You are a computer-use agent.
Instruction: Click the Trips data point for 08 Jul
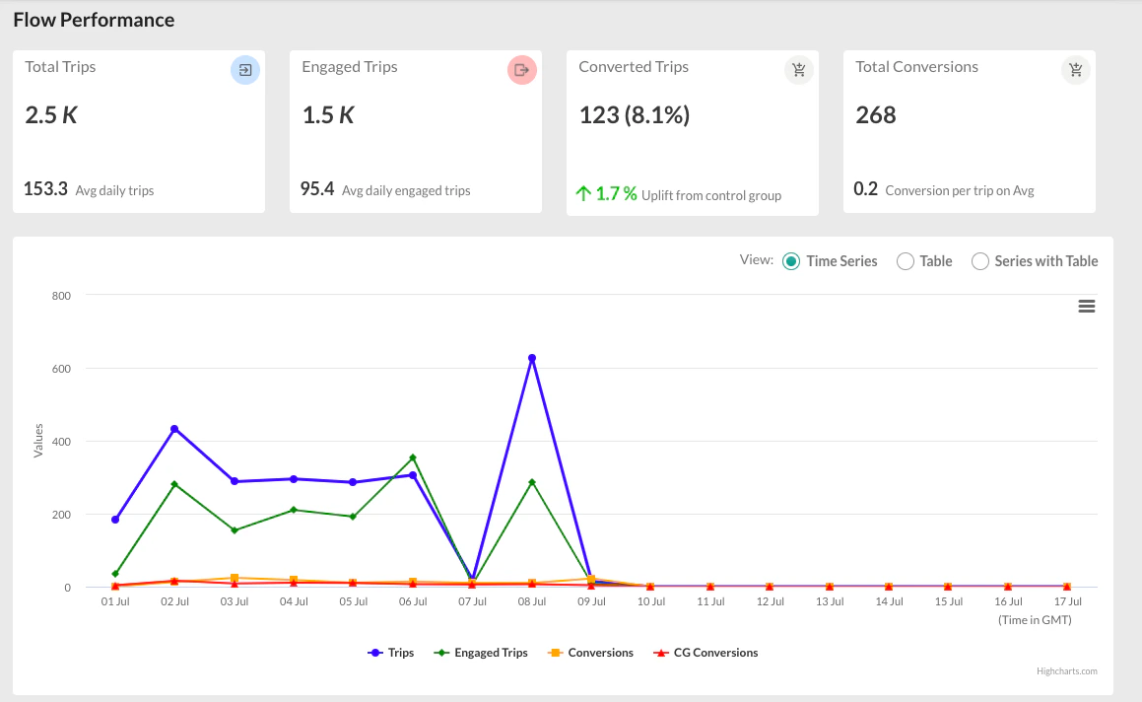point(532,358)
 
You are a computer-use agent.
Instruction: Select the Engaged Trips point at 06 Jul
point(413,457)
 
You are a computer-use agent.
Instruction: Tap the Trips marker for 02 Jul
point(174,429)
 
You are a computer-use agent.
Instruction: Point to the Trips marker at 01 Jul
point(115,519)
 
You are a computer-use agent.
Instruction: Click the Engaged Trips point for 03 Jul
point(235,530)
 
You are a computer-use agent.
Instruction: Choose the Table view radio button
point(906,261)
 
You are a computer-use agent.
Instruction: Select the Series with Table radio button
point(980,261)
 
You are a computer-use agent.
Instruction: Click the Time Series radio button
point(791,261)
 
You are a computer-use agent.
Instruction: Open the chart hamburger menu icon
point(1087,307)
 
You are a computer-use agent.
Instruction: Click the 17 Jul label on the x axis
point(1067,600)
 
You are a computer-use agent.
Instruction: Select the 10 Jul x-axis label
point(650,600)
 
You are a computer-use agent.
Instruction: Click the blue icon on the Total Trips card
point(245,70)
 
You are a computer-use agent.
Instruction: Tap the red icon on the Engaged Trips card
point(522,70)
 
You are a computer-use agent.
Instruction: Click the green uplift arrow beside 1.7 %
point(583,194)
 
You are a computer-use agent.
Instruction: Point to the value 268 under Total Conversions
point(876,115)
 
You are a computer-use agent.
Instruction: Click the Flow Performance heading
point(94,20)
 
